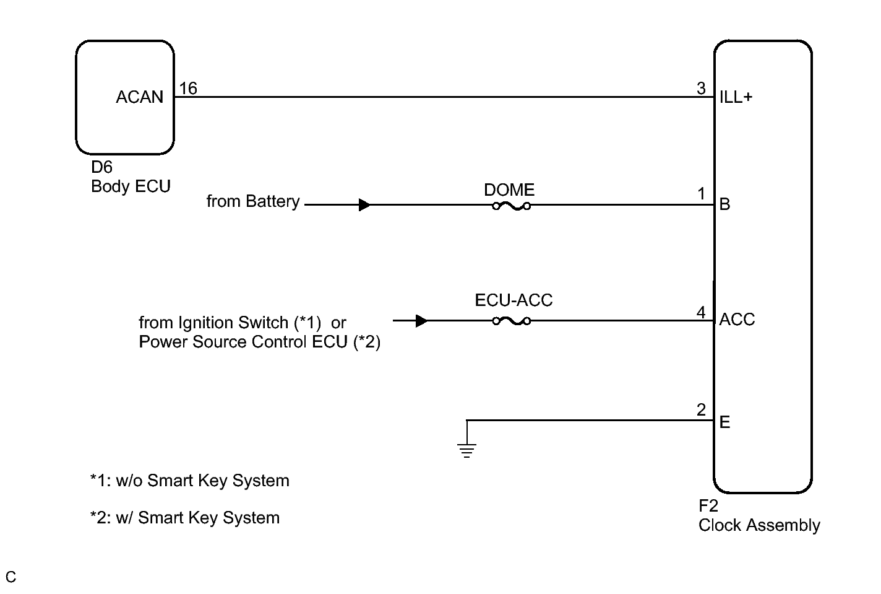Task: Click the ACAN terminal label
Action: click(140, 97)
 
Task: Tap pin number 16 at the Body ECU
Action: click(188, 89)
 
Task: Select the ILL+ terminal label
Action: click(736, 97)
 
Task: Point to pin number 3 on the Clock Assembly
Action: click(701, 89)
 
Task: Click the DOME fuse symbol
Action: click(511, 206)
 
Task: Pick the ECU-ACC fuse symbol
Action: click(511, 321)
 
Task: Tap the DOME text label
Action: click(509, 190)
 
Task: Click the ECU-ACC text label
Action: click(514, 300)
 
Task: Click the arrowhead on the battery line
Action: click(364, 204)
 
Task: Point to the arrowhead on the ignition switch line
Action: click(421, 321)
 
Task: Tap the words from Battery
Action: click(253, 201)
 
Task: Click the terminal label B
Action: click(724, 204)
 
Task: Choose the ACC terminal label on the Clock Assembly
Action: click(737, 319)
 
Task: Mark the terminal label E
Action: click(724, 422)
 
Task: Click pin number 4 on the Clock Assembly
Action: click(701, 313)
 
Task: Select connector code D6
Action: click(101, 167)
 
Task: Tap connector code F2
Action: click(708, 506)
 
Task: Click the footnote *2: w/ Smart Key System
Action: click(185, 518)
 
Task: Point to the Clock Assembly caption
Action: click(760, 525)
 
